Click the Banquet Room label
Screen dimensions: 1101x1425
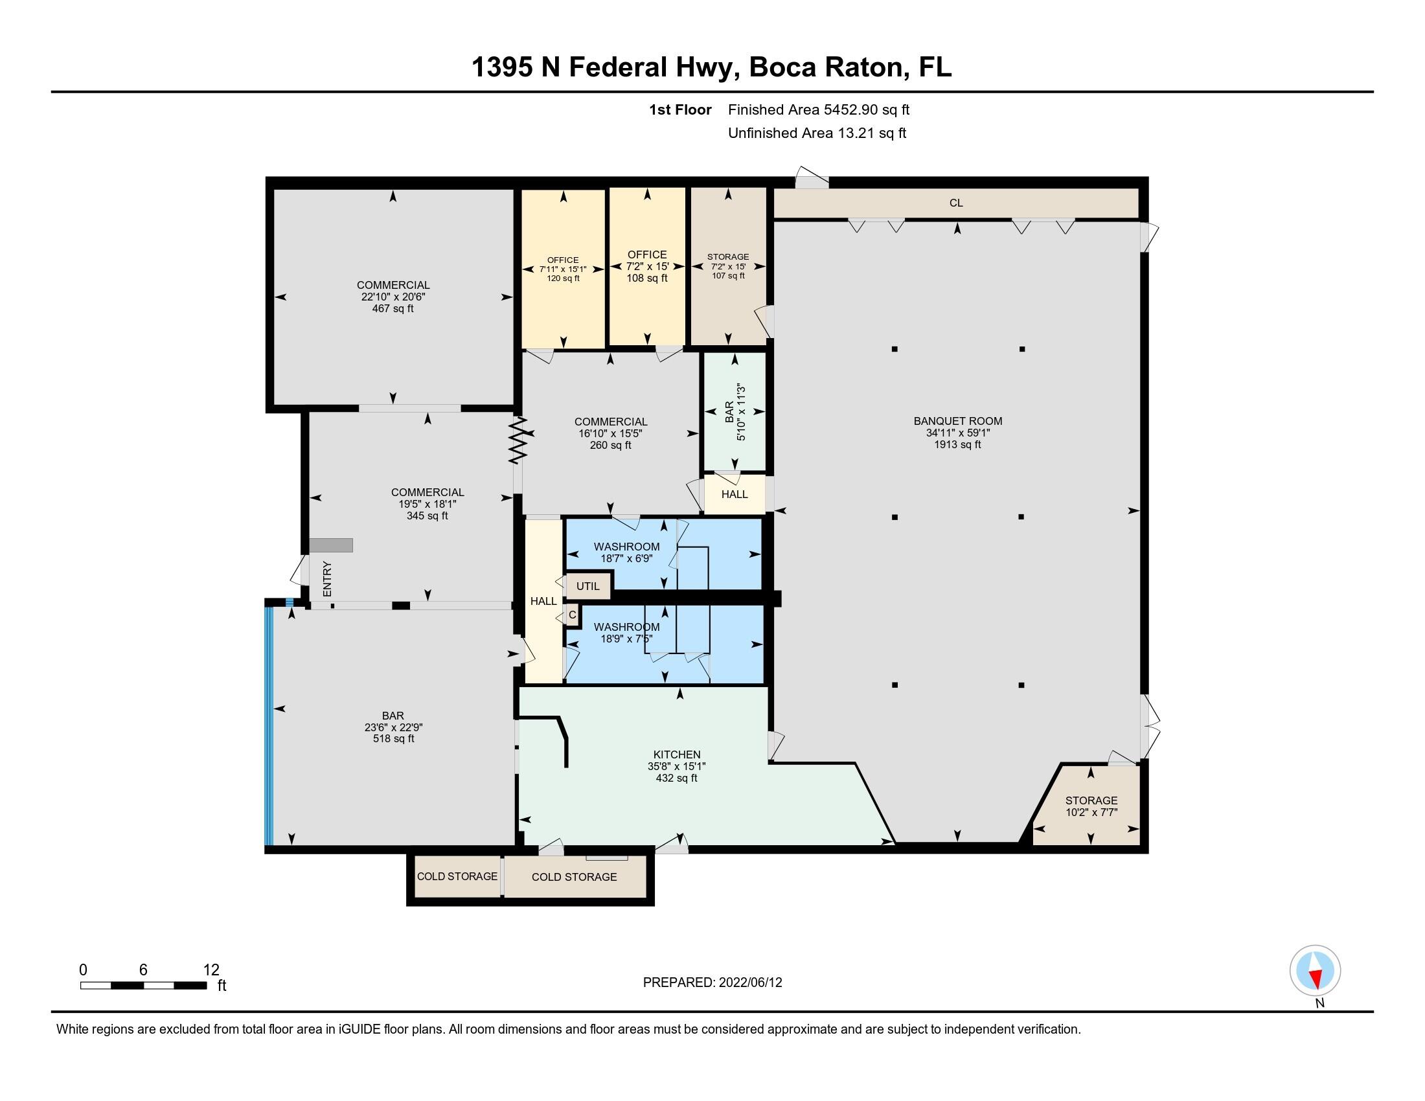click(x=957, y=422)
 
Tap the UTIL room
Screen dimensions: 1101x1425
click(x=587, y=585)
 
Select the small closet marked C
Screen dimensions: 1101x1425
click(x=572, y=615)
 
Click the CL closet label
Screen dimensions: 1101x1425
click(x=956, y=203)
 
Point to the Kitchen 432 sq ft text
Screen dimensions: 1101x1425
click(x=676, y=777)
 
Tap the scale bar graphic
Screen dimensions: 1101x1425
click(x=144, y=985)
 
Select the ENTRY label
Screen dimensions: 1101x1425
click(x=328, y=578)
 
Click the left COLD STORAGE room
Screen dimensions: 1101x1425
click(x=457, y=876)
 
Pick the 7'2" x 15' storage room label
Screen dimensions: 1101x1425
click(x=728, y=266)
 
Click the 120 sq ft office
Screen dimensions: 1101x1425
click(x=562, y=269)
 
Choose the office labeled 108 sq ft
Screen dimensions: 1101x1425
click(x=646, y=266)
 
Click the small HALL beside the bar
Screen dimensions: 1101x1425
click(x=734, y=494)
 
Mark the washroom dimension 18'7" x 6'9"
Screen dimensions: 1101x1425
click(x=626, y=558)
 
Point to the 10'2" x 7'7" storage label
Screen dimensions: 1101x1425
click(x=1091, y=812)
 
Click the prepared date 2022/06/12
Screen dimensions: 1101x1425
click(x=712, y=982)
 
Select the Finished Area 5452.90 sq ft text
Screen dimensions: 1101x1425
click(x=818, y=109)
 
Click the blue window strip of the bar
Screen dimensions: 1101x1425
click(x=268, y=724)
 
